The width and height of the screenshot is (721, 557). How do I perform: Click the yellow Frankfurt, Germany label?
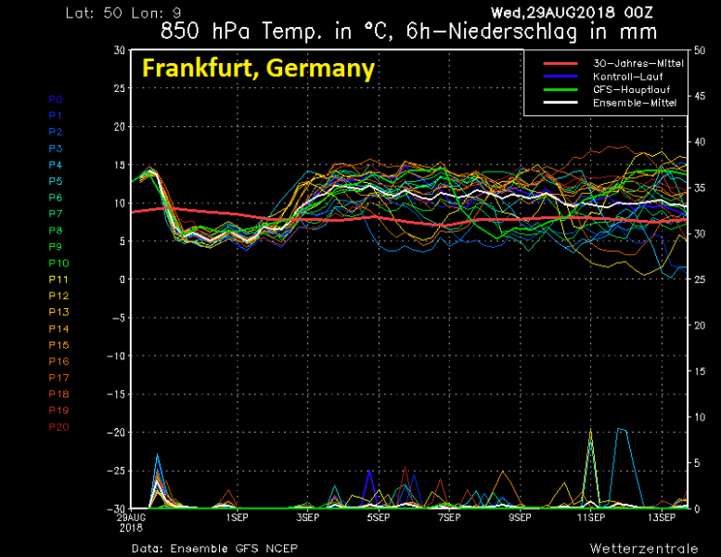(x=258, y=69)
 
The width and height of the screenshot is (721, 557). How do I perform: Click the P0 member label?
(x=56, y=98)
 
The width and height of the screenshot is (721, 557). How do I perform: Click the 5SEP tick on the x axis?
(x=378, y=517)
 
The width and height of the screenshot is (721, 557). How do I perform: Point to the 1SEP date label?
(x=237, y=517)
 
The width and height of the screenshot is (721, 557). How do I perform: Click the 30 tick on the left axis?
(x=120, y=50)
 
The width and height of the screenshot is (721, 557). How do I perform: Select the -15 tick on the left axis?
(x=116, y=394)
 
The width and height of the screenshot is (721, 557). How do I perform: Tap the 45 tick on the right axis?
(x=701, y=96)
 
